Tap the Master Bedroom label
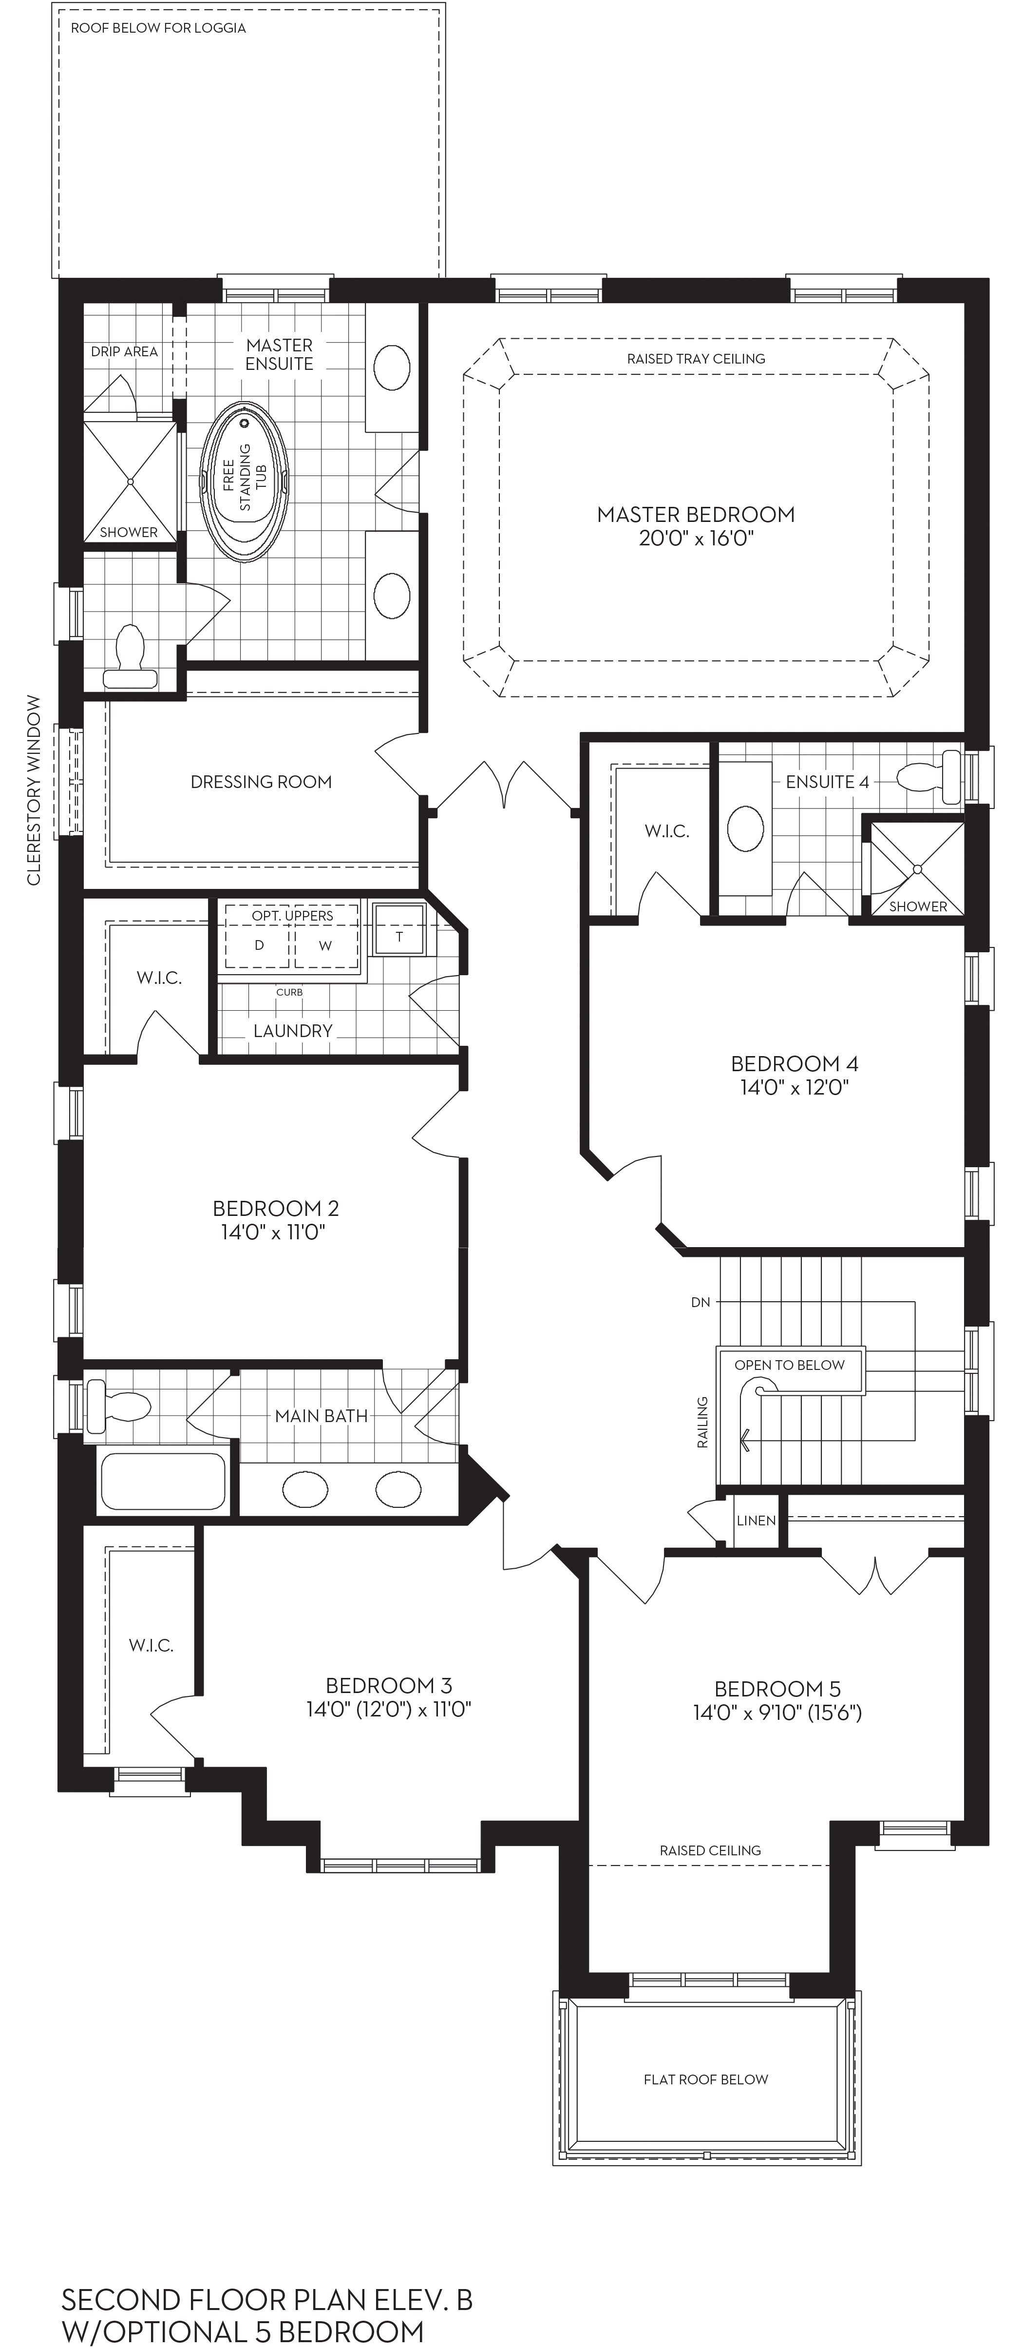pos(696,514)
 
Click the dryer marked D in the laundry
pos(259,945)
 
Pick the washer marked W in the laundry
pos(325,945)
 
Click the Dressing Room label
pos(261,782)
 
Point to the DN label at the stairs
pos(700,1302)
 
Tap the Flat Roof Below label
pos(706,2079)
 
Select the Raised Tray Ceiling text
pos(696,358)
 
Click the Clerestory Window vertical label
pos(34,789)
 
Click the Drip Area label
pos(124,351)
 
